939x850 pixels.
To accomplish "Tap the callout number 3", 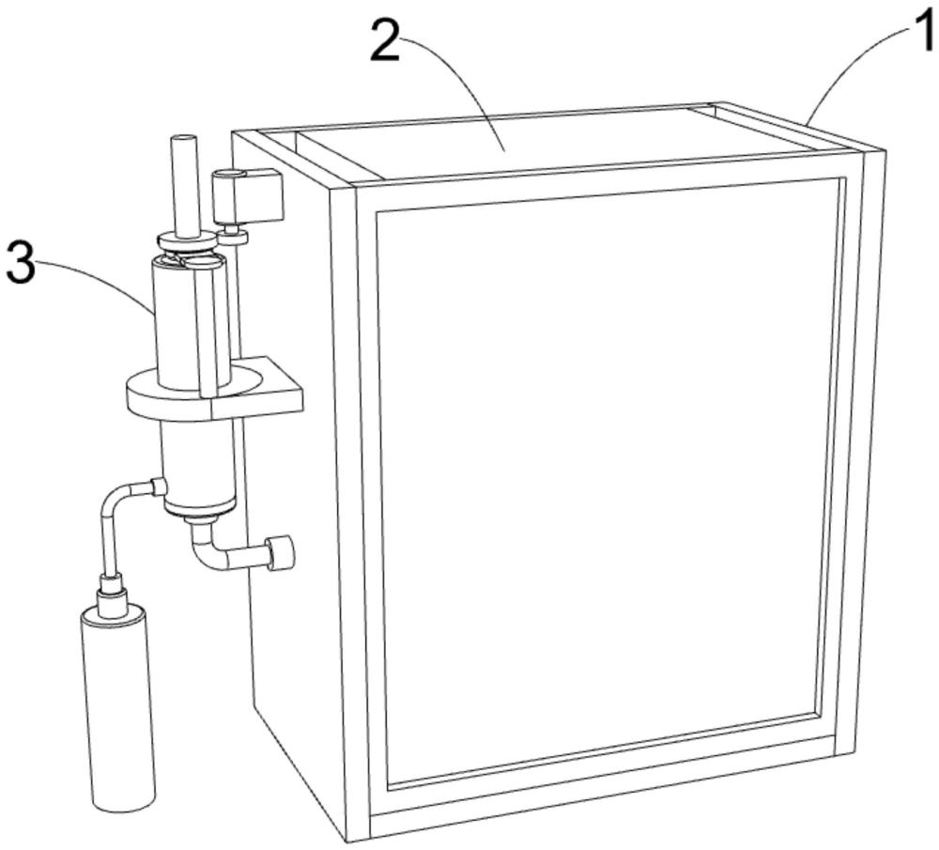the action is [21, 262].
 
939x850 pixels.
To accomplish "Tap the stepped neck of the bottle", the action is [113, 593].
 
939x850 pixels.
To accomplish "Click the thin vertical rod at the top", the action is [184, 186].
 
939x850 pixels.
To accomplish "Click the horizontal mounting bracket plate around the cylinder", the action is [214, 391].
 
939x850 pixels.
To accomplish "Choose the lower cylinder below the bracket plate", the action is [199, 467].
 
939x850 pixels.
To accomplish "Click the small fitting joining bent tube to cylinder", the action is [159, 487].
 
